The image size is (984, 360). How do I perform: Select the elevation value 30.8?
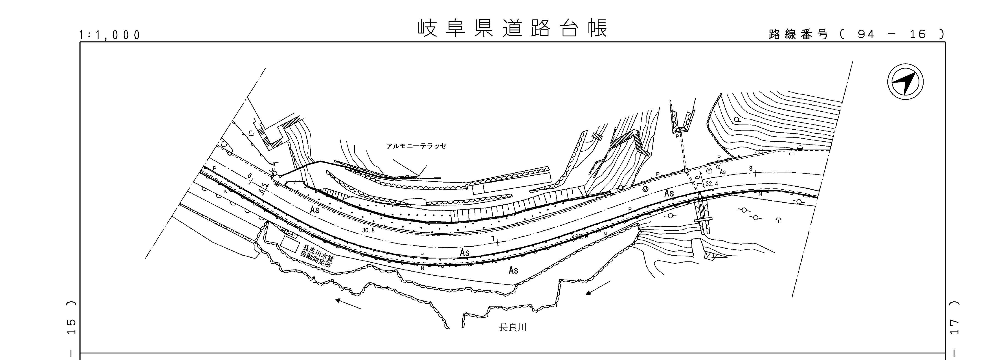369,230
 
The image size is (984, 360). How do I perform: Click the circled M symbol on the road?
645,189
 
